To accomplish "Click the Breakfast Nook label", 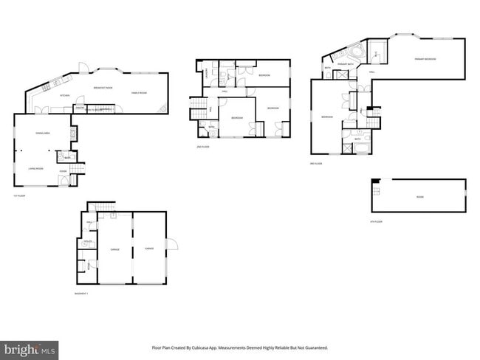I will coord(103,88).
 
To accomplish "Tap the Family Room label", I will coord(140,92).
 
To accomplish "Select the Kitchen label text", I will coord(64,96).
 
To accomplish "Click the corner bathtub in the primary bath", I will coord(355,52).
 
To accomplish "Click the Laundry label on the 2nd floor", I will coord(205,73).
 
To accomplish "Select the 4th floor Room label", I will coord(419,196).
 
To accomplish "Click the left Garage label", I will coord(114,250).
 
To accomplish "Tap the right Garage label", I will coord(149,250).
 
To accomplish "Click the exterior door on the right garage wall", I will coord(171,244).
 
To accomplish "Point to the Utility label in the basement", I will coord(87,243).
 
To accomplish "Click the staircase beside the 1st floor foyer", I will coord(78,169).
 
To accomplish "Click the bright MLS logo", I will coord(30,348).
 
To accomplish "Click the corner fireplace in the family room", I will coord(163,108).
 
